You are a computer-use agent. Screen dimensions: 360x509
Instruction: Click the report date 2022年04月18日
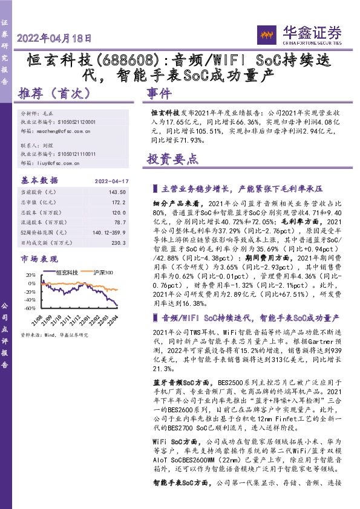pyautogui.click(x=55, y=38)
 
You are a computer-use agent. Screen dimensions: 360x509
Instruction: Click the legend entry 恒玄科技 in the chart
pyautogui.click(x=67, y=273)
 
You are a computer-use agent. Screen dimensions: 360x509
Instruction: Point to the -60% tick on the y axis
pyautogui.click(x=28, y=308)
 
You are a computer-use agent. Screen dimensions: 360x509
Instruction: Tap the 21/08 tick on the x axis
pyautogui.click(x=39, y=319)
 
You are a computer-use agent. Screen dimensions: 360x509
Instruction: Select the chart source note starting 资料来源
pyautogui.click(x=54, y=334)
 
